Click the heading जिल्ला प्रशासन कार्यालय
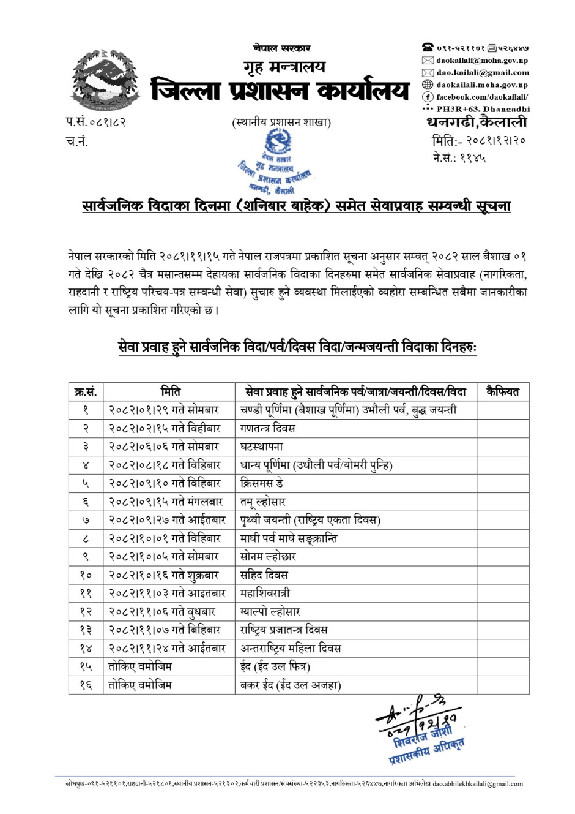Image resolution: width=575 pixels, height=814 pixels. point(280,91)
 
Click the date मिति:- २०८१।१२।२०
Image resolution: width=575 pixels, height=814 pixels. point(479,141)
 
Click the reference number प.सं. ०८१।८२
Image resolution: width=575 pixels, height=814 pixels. point(96,122)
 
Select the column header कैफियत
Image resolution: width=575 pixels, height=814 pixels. point(502,392)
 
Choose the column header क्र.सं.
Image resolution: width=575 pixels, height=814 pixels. point(86,392)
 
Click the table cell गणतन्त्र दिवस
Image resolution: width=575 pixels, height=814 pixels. point(268,428)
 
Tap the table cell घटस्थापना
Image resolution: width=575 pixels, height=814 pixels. point(262,447)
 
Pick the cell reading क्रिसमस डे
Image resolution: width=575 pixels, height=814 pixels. point(262,483)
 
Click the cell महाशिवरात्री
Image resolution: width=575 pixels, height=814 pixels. point(265,593)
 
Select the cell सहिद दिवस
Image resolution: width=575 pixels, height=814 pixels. point(264,575)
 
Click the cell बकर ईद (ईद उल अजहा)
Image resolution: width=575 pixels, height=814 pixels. point(291,685)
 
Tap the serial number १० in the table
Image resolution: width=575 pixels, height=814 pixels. point(86,575)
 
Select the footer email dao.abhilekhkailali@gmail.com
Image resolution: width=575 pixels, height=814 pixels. point(478,784)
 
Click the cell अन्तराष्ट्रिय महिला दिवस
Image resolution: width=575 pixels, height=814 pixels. point(291,648)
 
